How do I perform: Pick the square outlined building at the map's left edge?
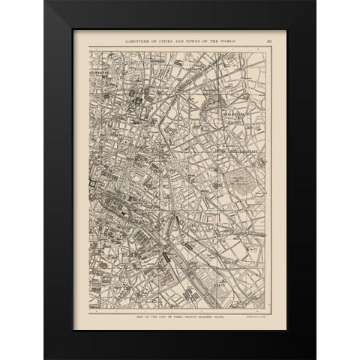[92, 182]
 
